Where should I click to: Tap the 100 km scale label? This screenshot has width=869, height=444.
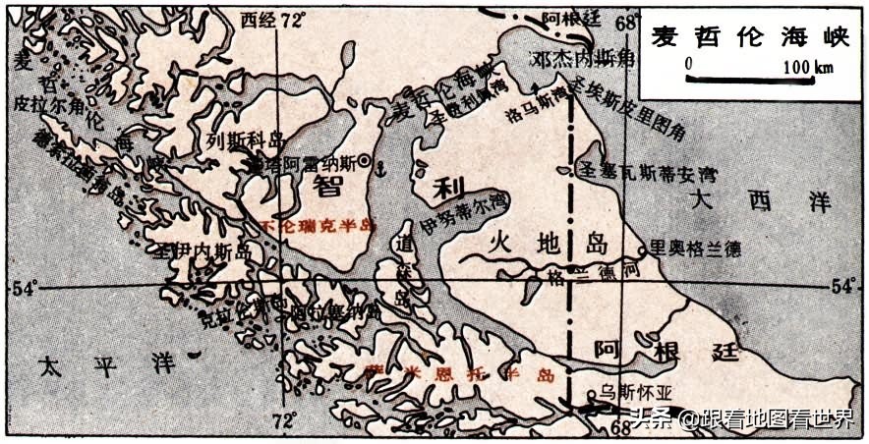point(808,67)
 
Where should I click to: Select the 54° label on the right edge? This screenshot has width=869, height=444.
point(844,286)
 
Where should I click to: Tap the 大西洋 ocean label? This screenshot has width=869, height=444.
point(761,202)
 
